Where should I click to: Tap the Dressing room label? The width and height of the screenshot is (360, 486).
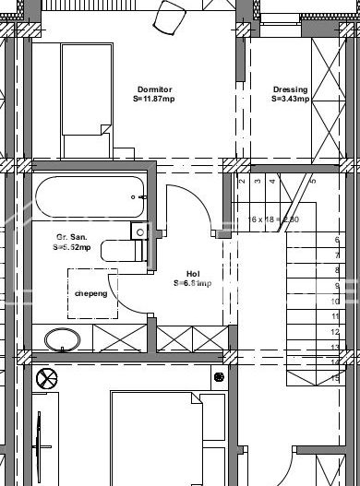tap(290, 89)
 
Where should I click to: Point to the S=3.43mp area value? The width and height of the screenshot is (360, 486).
tap(290, 99)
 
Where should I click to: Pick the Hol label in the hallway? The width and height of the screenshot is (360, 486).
tap(193, 273)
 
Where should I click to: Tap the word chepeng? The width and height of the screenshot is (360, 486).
tap(90, 294)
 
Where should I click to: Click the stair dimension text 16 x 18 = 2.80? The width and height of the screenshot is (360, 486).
tap(273, 219)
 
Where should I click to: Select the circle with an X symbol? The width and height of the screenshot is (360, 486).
tap(45, 376)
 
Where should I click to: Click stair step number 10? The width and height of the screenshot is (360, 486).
tap(336, 301)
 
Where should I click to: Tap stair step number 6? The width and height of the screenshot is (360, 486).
tap(336, 239)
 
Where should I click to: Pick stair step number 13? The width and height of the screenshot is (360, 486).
tap(336, 347)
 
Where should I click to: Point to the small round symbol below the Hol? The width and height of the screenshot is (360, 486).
tap(218, 376)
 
